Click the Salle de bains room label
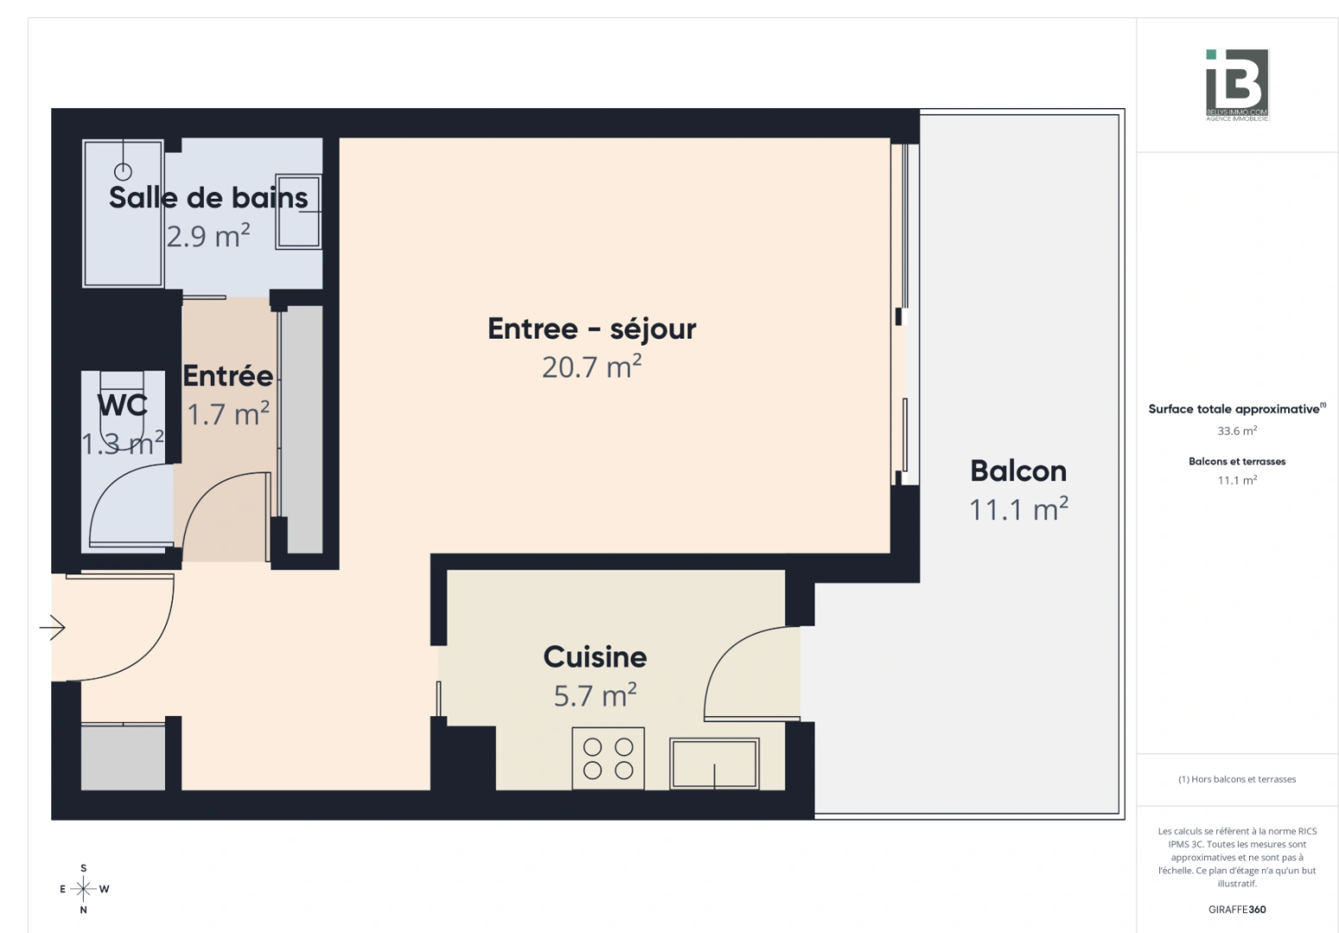coord(208,198)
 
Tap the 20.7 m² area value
coord(592,367)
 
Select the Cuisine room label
coord(595,657)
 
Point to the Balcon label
coord(1019,471)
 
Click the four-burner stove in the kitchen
coord(608,758)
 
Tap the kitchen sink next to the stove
coord(714,763)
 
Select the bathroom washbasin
coord(299,212)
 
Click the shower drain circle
coord(124,172)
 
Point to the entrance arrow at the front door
coord(53,627)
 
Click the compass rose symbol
coord(83,888)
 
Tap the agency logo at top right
coord(1237,85)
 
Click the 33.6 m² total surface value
coord(1237,431)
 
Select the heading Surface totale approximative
coord(1234,409)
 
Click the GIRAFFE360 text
coord(1237,910)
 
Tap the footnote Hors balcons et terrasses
coord(1237,779)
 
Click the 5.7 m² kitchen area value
coord(595,695)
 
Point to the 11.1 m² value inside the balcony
coord(1019,510)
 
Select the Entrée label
coord(228,377)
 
